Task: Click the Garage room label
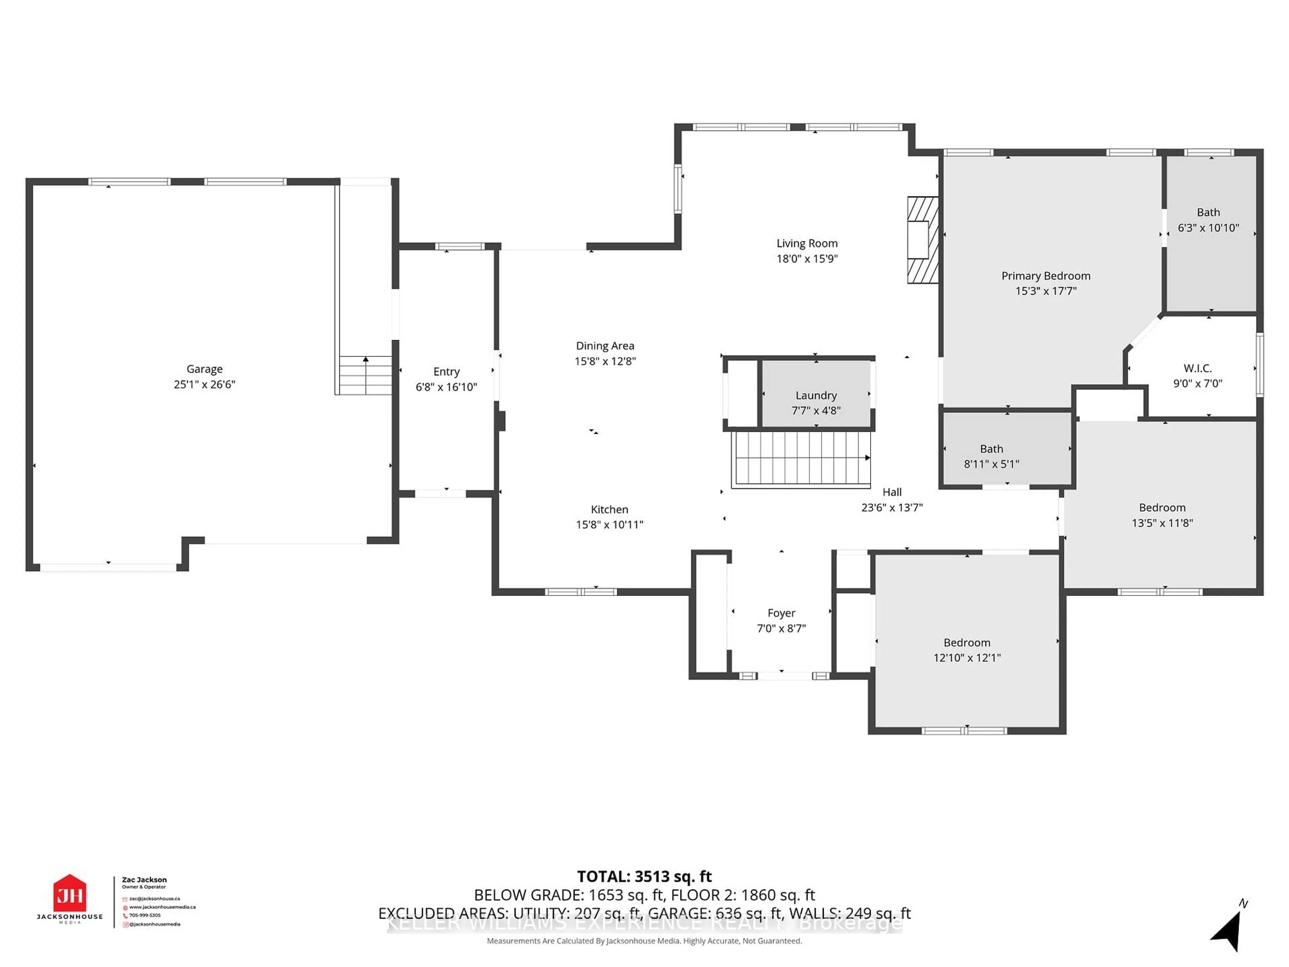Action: point(204,369)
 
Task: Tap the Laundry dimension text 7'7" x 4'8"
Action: point(816,410)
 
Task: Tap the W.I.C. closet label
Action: point(1197,368)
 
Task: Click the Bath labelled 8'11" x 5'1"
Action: point(991,456)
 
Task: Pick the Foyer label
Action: point(781,613)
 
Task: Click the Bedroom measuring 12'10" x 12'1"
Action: point(967,650)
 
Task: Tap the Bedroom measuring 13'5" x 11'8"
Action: point(1162,515)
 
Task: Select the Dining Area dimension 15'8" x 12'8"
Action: point(605,361)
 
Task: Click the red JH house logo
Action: point(70,893)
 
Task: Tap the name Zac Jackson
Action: point(144,880)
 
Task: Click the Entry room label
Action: point(446,372)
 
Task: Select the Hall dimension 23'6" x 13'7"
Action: point(892,508)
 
